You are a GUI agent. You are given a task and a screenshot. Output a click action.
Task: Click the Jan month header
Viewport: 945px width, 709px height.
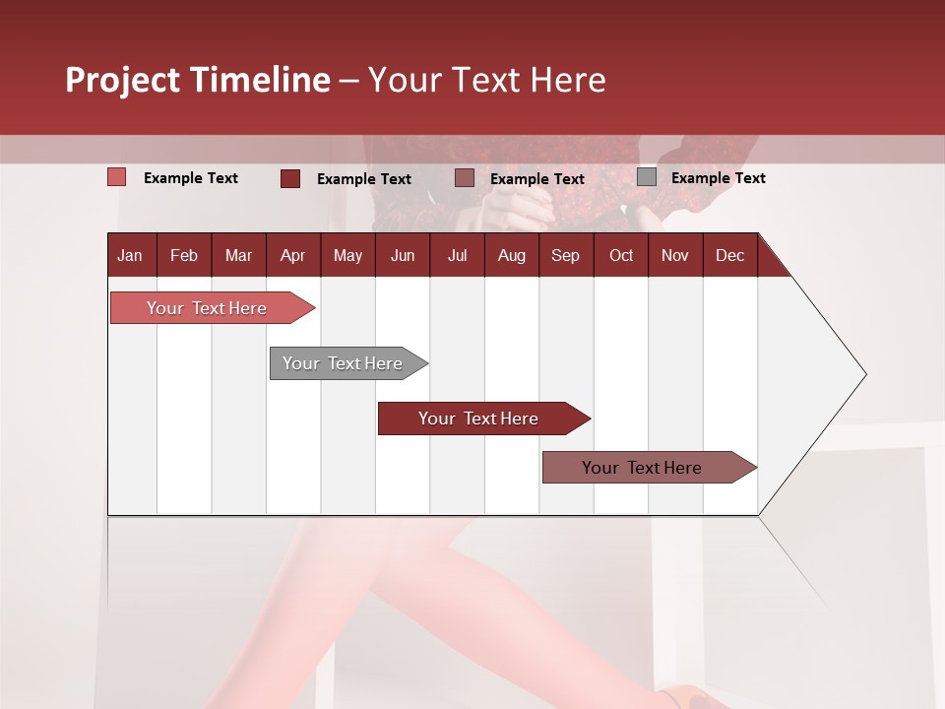tap(130, 256)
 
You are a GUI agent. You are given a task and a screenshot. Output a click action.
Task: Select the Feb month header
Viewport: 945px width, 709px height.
tap(184, 256)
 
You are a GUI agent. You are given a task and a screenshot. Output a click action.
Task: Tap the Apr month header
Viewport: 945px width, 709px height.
tap(293, 256)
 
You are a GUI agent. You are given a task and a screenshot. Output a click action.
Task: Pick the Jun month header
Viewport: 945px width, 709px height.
tap(403, 256)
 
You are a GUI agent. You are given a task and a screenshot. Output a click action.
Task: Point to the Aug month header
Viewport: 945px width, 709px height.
tap(512, 256)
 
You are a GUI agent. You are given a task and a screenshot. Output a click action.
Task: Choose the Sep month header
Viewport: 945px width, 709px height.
tap(566, 256)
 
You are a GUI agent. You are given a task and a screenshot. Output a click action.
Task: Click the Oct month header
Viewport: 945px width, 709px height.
tap(621, 256)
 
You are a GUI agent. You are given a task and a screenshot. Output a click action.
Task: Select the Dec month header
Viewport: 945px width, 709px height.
tap(730, 256)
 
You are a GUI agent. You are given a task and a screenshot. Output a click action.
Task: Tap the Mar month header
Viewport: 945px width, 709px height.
tap(238, 256)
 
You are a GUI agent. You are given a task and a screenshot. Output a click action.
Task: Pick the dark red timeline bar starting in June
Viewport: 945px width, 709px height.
tap(479, 419)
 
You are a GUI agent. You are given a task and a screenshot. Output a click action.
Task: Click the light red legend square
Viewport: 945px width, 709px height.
tap(117, 177)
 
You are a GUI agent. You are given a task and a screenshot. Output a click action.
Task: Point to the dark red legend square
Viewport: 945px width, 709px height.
tap(290, 178)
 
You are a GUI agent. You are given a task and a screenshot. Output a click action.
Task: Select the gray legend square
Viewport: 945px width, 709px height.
tap(647, 177)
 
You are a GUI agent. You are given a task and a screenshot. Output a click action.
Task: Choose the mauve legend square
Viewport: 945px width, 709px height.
tap(465, 178)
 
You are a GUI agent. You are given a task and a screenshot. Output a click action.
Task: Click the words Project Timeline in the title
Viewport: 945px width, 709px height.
tap(198, 80)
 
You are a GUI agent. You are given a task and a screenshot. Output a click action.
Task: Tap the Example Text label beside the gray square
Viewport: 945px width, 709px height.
tap(718, 178)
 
